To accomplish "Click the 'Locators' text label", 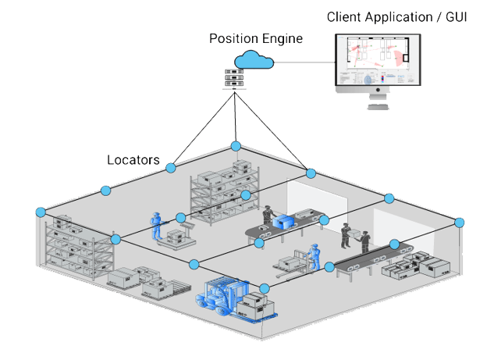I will coord(133,160).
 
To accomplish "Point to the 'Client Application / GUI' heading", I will coord(397,16).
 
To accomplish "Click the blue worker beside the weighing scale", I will coord(156,224).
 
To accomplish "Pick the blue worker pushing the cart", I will coord(315,257).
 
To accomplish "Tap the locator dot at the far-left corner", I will coord(41,212).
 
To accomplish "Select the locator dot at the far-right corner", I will coord(457,223).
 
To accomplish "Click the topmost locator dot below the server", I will coord(236,146).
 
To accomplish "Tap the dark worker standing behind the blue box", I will coord(268,214).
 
